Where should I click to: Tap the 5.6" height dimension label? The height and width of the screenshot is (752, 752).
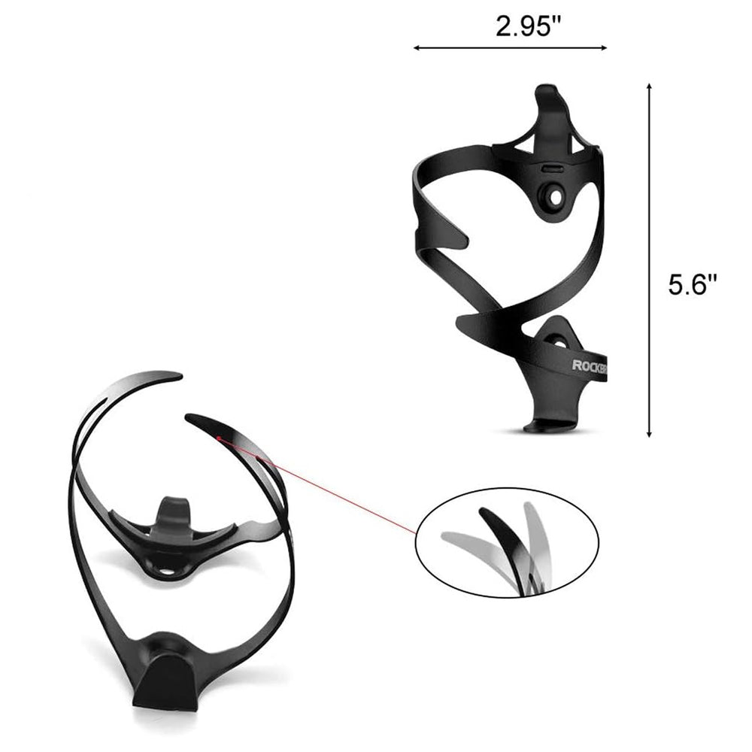[693, 284]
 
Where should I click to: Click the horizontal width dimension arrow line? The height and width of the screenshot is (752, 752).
[511, 48]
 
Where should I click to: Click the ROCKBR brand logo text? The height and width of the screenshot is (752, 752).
[590, 365]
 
